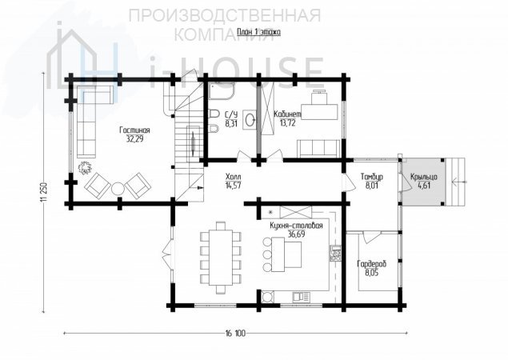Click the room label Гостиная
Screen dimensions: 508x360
[x=134, y=130]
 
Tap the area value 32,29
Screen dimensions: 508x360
[x=134, y=139]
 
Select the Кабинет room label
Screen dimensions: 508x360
[x=287, y=114]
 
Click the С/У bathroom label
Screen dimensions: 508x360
[x=231, y=114]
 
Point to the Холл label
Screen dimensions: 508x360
[x=234, y=177]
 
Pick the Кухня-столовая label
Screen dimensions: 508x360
[x=296, y=226]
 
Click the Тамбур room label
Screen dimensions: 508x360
[x=372, y=177]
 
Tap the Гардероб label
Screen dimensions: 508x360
[x=372, y=264]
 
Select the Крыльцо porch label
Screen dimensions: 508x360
[x=424, y=177]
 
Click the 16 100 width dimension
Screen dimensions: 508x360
[x=235, y=333]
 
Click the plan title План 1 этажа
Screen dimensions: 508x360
[x=259, y=32]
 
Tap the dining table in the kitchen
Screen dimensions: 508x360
[x=221, y=258]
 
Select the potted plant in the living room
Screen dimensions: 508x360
[x=85, y=167]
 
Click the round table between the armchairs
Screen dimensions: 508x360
[x=118, y=189]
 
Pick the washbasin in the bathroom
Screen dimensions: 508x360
[x=250, y=120]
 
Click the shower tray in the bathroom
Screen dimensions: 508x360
[x=222, y=90]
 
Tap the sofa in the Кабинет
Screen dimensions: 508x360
[x=319, y=149]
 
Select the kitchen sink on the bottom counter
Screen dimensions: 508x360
[x=302, y=297]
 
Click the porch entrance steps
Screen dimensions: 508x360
[x=455, y=182]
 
